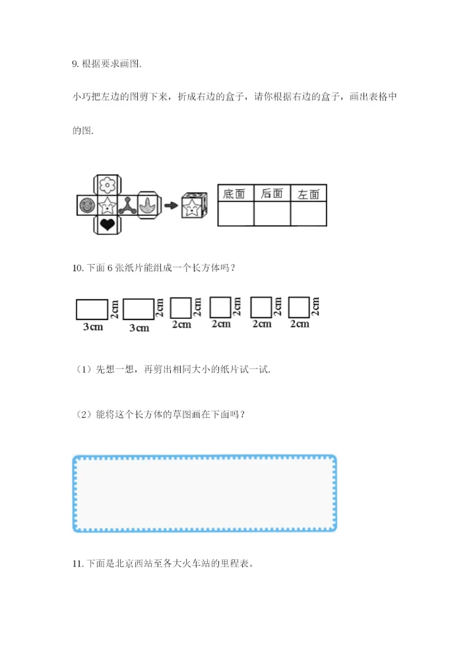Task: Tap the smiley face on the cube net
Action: tap(86, 206)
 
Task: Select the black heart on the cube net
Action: tap(106, 226)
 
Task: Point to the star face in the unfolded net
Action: tap(106, 206)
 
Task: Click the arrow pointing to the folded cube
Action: tap(171, 206)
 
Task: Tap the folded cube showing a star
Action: tap(194, 207)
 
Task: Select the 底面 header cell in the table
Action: tap(236, 193)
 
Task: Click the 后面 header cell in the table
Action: tap(272, 193)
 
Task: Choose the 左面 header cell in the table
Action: tap(309, 193)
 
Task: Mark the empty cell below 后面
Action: tap(272, 215)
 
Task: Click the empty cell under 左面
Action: tap(309, 215)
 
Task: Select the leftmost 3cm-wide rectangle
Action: tap(92, 309)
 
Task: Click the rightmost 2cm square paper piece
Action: tap(300, 308)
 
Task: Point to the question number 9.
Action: tap(74, 64)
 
